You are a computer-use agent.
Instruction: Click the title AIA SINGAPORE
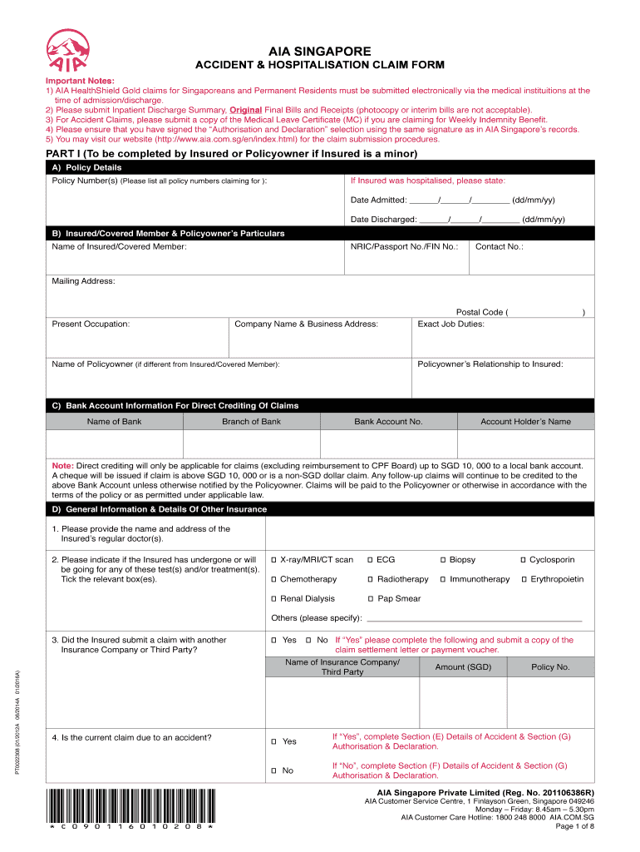click(x=320, y=51)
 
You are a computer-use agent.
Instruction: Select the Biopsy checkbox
click(x=443, y=560)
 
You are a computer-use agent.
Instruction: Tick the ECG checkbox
click(x=371, y=560)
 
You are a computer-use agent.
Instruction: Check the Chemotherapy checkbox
click(x=274, y=579)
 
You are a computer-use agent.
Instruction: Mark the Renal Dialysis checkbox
click(x=274, y=599)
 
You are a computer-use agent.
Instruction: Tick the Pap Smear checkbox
click(x=371, y=599)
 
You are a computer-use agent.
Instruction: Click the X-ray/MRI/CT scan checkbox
click(x=274, y=560)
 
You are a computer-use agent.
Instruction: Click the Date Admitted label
click(x=378, y=201)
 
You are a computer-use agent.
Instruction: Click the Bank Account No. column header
click(x=388, y=422)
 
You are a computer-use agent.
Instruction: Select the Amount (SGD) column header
click(x=463, y=667)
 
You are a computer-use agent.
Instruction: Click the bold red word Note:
click(x=63, y=465)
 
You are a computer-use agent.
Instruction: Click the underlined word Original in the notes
click(x=246, y=110)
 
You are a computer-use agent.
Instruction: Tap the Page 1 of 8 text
click(x=574, y=826)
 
